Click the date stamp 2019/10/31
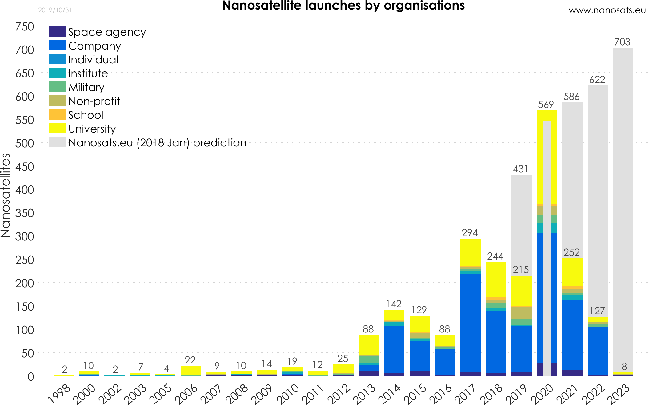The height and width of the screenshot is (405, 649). [55, 10]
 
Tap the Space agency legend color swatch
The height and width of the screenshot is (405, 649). [57, 31]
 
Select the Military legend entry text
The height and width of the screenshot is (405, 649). [86, 87]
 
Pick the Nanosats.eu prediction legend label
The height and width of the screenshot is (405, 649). [157, 143]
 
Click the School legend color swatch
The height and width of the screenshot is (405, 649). [57, 114]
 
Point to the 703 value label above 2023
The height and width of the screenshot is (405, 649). [622, 42]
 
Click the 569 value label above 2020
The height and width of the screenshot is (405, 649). [546, 105]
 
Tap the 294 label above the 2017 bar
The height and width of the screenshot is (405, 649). [470, 233]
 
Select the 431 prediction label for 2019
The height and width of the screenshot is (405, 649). [520, 169]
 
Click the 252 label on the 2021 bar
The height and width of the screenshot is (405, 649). [571, 252]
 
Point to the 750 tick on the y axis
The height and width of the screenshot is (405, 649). [25, 27]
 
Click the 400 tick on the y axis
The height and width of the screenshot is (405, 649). [25, 190]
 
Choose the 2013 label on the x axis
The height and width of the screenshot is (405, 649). [365, 394]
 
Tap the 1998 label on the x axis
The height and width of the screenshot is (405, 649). [60, 394]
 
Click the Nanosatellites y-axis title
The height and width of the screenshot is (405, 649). [6, 195]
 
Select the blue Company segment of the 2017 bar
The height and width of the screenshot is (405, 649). [470, 323]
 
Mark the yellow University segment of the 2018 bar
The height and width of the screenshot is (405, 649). [496, 279]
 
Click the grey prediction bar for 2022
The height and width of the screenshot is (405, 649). [598, 200]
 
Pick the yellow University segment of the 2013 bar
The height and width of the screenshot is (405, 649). [369, 344]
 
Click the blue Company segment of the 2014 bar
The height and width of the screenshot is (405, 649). [394, 349]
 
